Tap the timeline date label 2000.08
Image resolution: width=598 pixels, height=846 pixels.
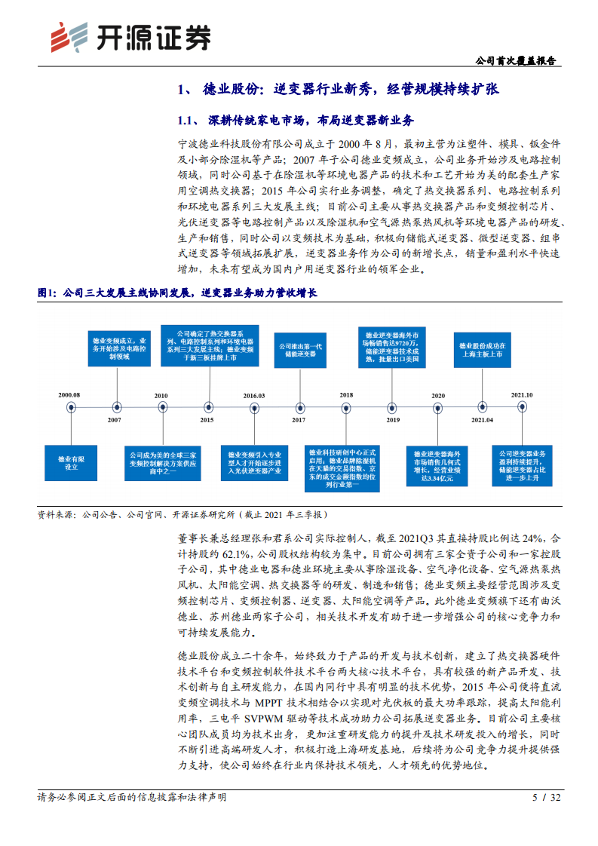coord(70,394)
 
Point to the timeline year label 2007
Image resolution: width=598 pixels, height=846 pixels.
coord(115,420)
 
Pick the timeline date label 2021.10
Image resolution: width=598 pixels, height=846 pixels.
coord(521,394)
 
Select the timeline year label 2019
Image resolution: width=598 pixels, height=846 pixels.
coord(392,420)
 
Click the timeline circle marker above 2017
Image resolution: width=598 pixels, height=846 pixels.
coord(299,407)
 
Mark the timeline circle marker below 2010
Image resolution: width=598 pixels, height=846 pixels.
coord(161,407)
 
